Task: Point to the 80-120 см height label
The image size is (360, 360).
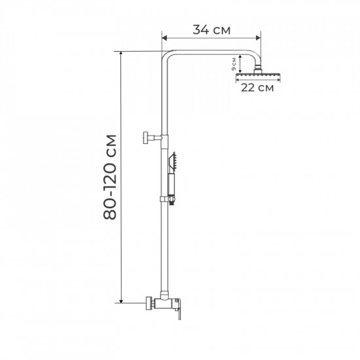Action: [111, 177]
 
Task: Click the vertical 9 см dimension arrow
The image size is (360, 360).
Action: [241, 64]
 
